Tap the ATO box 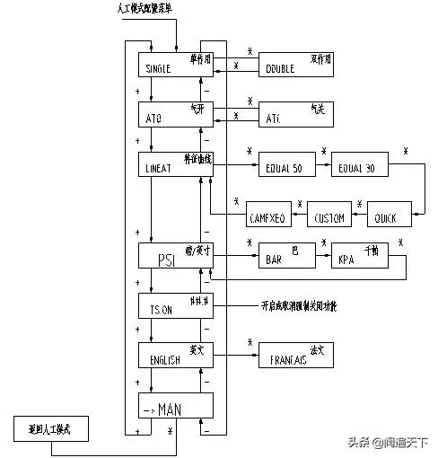176,114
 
